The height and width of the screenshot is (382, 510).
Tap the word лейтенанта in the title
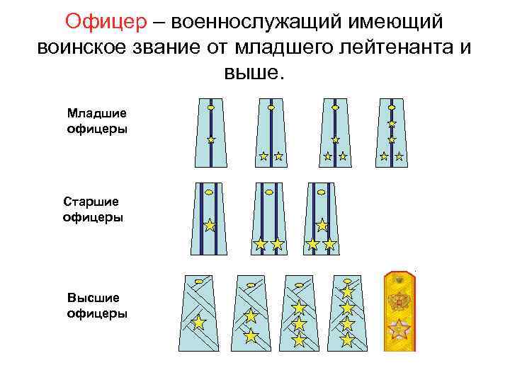coord(380,47)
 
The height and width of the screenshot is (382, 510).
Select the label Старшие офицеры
coord(93,210)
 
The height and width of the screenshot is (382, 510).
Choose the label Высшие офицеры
coord(97,305)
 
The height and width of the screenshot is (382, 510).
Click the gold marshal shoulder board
coord(399,310)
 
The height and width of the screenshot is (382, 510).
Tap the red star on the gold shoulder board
coord(399,330)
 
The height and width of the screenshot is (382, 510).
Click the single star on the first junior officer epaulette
coord(211,140)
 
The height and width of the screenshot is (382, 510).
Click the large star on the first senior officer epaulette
coord(210,226)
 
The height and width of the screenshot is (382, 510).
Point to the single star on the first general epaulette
coord(199,323)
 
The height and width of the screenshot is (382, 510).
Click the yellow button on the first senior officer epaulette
coord(208,191)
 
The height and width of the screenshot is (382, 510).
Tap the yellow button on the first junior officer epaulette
coord(211,108)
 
